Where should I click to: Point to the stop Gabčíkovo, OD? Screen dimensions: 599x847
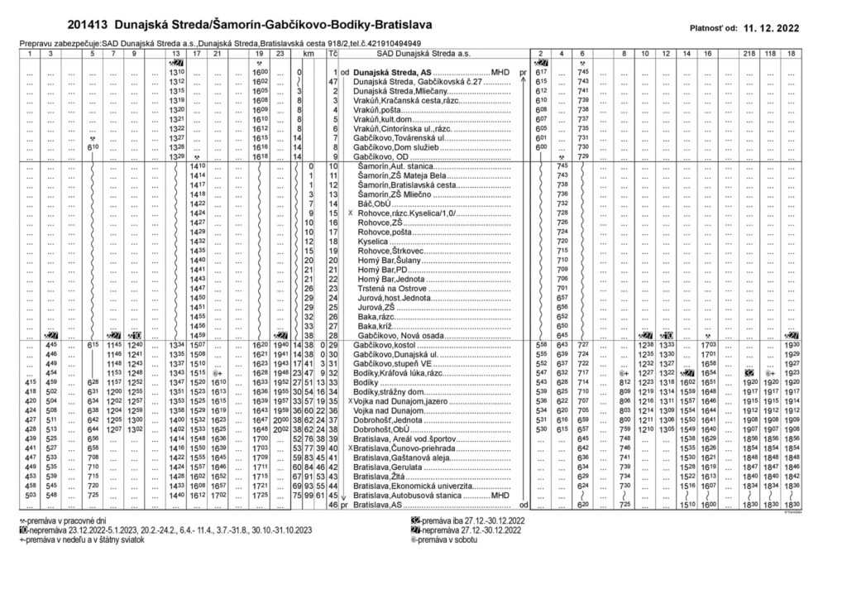coord(380,156)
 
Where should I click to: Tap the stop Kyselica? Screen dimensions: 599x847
coord(373,241)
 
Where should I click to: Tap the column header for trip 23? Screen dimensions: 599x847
coord(280,53)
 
